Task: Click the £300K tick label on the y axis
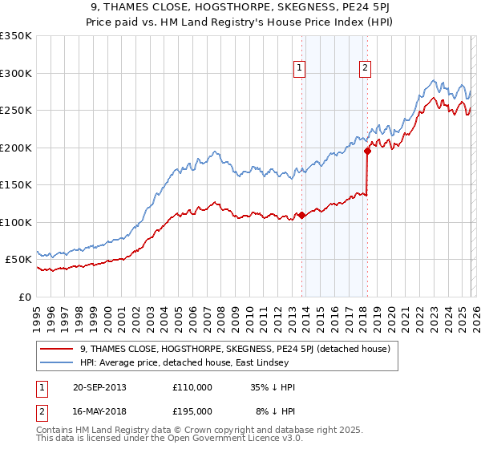[x=15, y=73]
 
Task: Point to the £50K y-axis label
[x=18, y=260]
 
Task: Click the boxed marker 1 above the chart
[x=299, y=69]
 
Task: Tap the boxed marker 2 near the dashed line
[x=365, y=69]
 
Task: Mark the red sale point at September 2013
[x=301, y=215]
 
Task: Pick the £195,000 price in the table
[x=192, y=411]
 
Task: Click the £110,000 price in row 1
[x=192, y=387]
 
